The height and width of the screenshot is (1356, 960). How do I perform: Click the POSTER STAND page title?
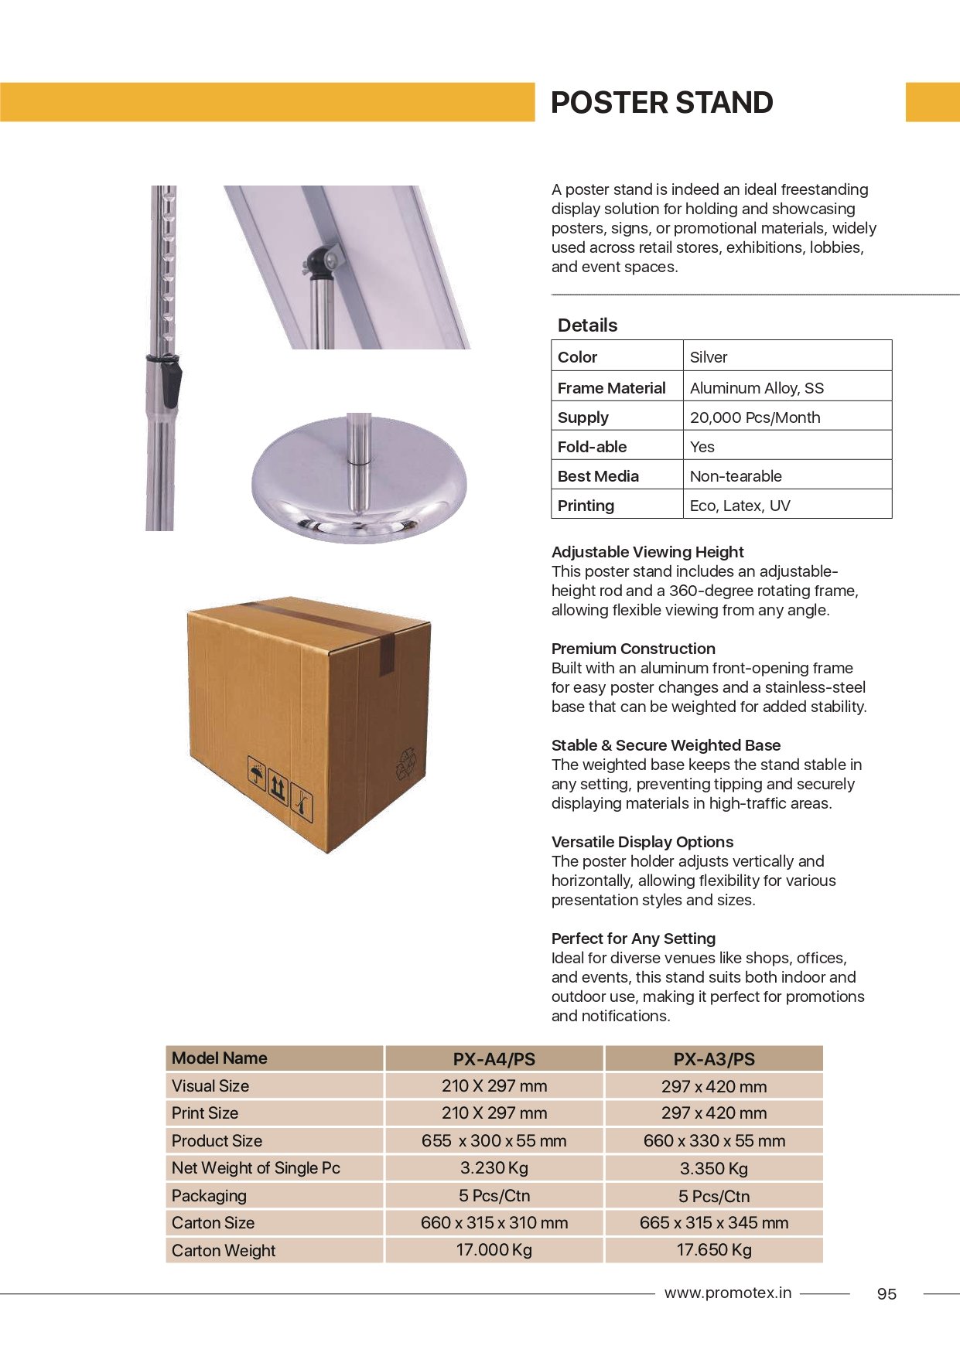pos(661,103)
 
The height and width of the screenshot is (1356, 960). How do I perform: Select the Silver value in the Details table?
pos(709,357)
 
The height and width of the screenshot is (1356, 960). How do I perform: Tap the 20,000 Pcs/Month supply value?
pos(754,417)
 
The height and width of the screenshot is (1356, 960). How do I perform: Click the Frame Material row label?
pos(611,388)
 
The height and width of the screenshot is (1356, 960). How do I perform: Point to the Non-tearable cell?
pos(735,476)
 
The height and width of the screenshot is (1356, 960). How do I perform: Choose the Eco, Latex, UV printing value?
pos(740,506)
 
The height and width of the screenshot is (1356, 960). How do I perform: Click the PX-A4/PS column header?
pos(494,1059)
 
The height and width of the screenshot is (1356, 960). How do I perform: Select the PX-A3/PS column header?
pos(713,1059)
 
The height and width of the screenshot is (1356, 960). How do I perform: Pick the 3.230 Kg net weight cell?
pos(494,1168)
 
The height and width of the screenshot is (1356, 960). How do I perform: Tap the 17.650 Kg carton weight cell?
pos(713,1250)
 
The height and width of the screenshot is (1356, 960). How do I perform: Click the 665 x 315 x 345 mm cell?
pos(713,1223)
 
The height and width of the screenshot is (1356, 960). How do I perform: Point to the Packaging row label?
pos(209,1196)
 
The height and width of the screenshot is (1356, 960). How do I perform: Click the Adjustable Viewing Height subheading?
pos(647,552)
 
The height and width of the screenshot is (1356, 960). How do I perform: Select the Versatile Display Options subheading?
pos(642,842)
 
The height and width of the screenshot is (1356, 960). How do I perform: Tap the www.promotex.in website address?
pos(727,1293)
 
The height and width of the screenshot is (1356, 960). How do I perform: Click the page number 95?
pos(887,1294)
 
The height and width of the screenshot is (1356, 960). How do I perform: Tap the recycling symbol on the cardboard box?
pos(406,762)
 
